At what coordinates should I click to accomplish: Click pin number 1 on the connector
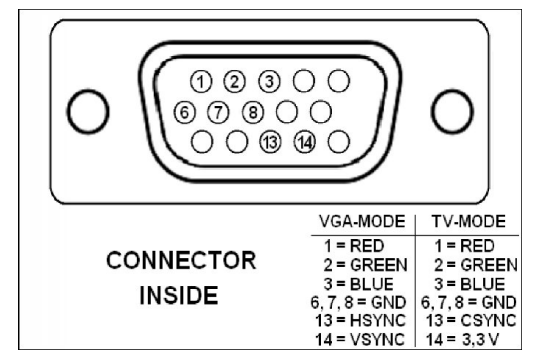(x=203, y=80)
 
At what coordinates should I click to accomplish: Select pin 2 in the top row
(x=236, y=80)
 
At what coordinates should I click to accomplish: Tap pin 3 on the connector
(x=269, y=80)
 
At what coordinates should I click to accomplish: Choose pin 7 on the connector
(x=220, y=109)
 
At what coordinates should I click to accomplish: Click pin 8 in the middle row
(x=253, y=109)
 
